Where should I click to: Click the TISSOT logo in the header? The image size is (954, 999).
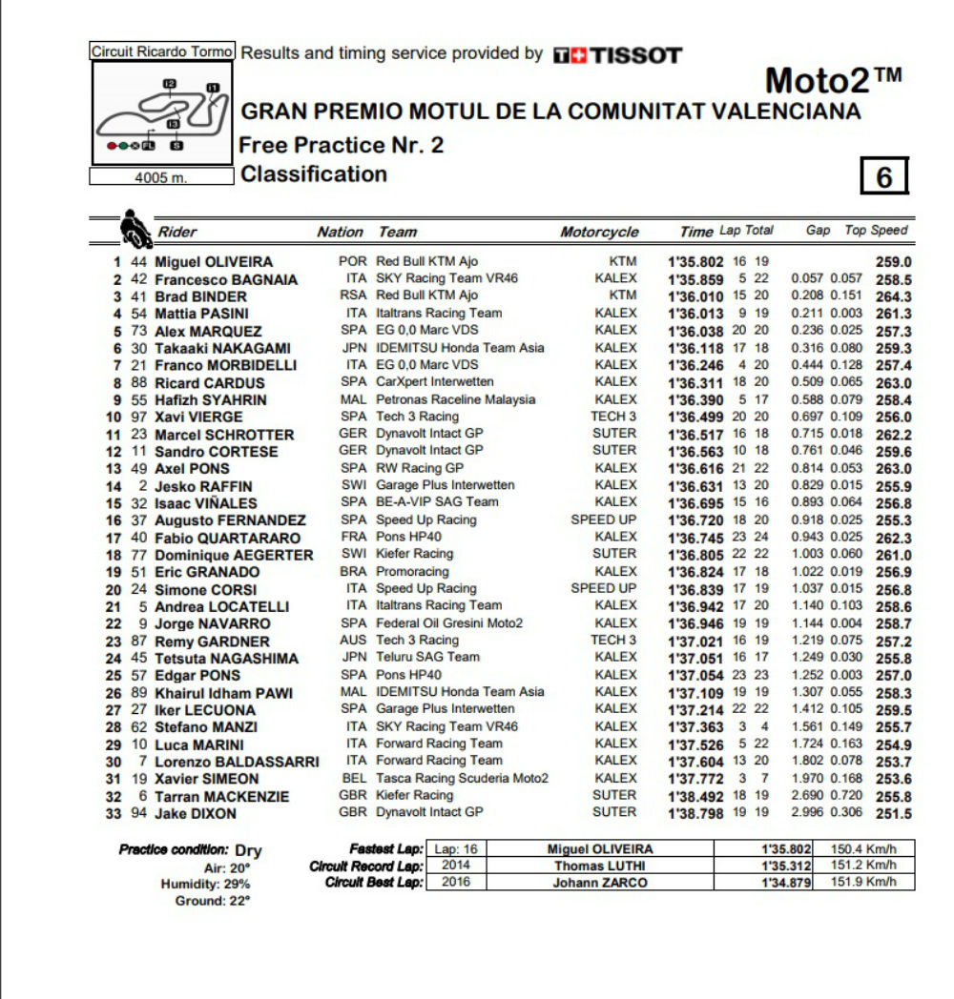(618, 55)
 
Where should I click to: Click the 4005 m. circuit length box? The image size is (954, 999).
(161, 176)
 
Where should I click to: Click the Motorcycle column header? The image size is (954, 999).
(599, 232)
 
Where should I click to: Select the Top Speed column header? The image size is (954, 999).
(876, 231)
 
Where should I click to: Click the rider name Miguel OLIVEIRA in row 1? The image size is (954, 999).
(214, 262)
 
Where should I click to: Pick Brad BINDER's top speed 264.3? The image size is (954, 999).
(894, 296)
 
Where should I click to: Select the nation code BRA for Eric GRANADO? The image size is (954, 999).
(353, 571)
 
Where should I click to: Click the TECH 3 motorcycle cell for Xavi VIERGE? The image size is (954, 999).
(613, 417)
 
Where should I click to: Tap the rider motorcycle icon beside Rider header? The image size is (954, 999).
(133, 230)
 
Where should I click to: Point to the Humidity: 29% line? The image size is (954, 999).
(205, 884)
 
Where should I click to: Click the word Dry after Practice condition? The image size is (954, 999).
(248, 850)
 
